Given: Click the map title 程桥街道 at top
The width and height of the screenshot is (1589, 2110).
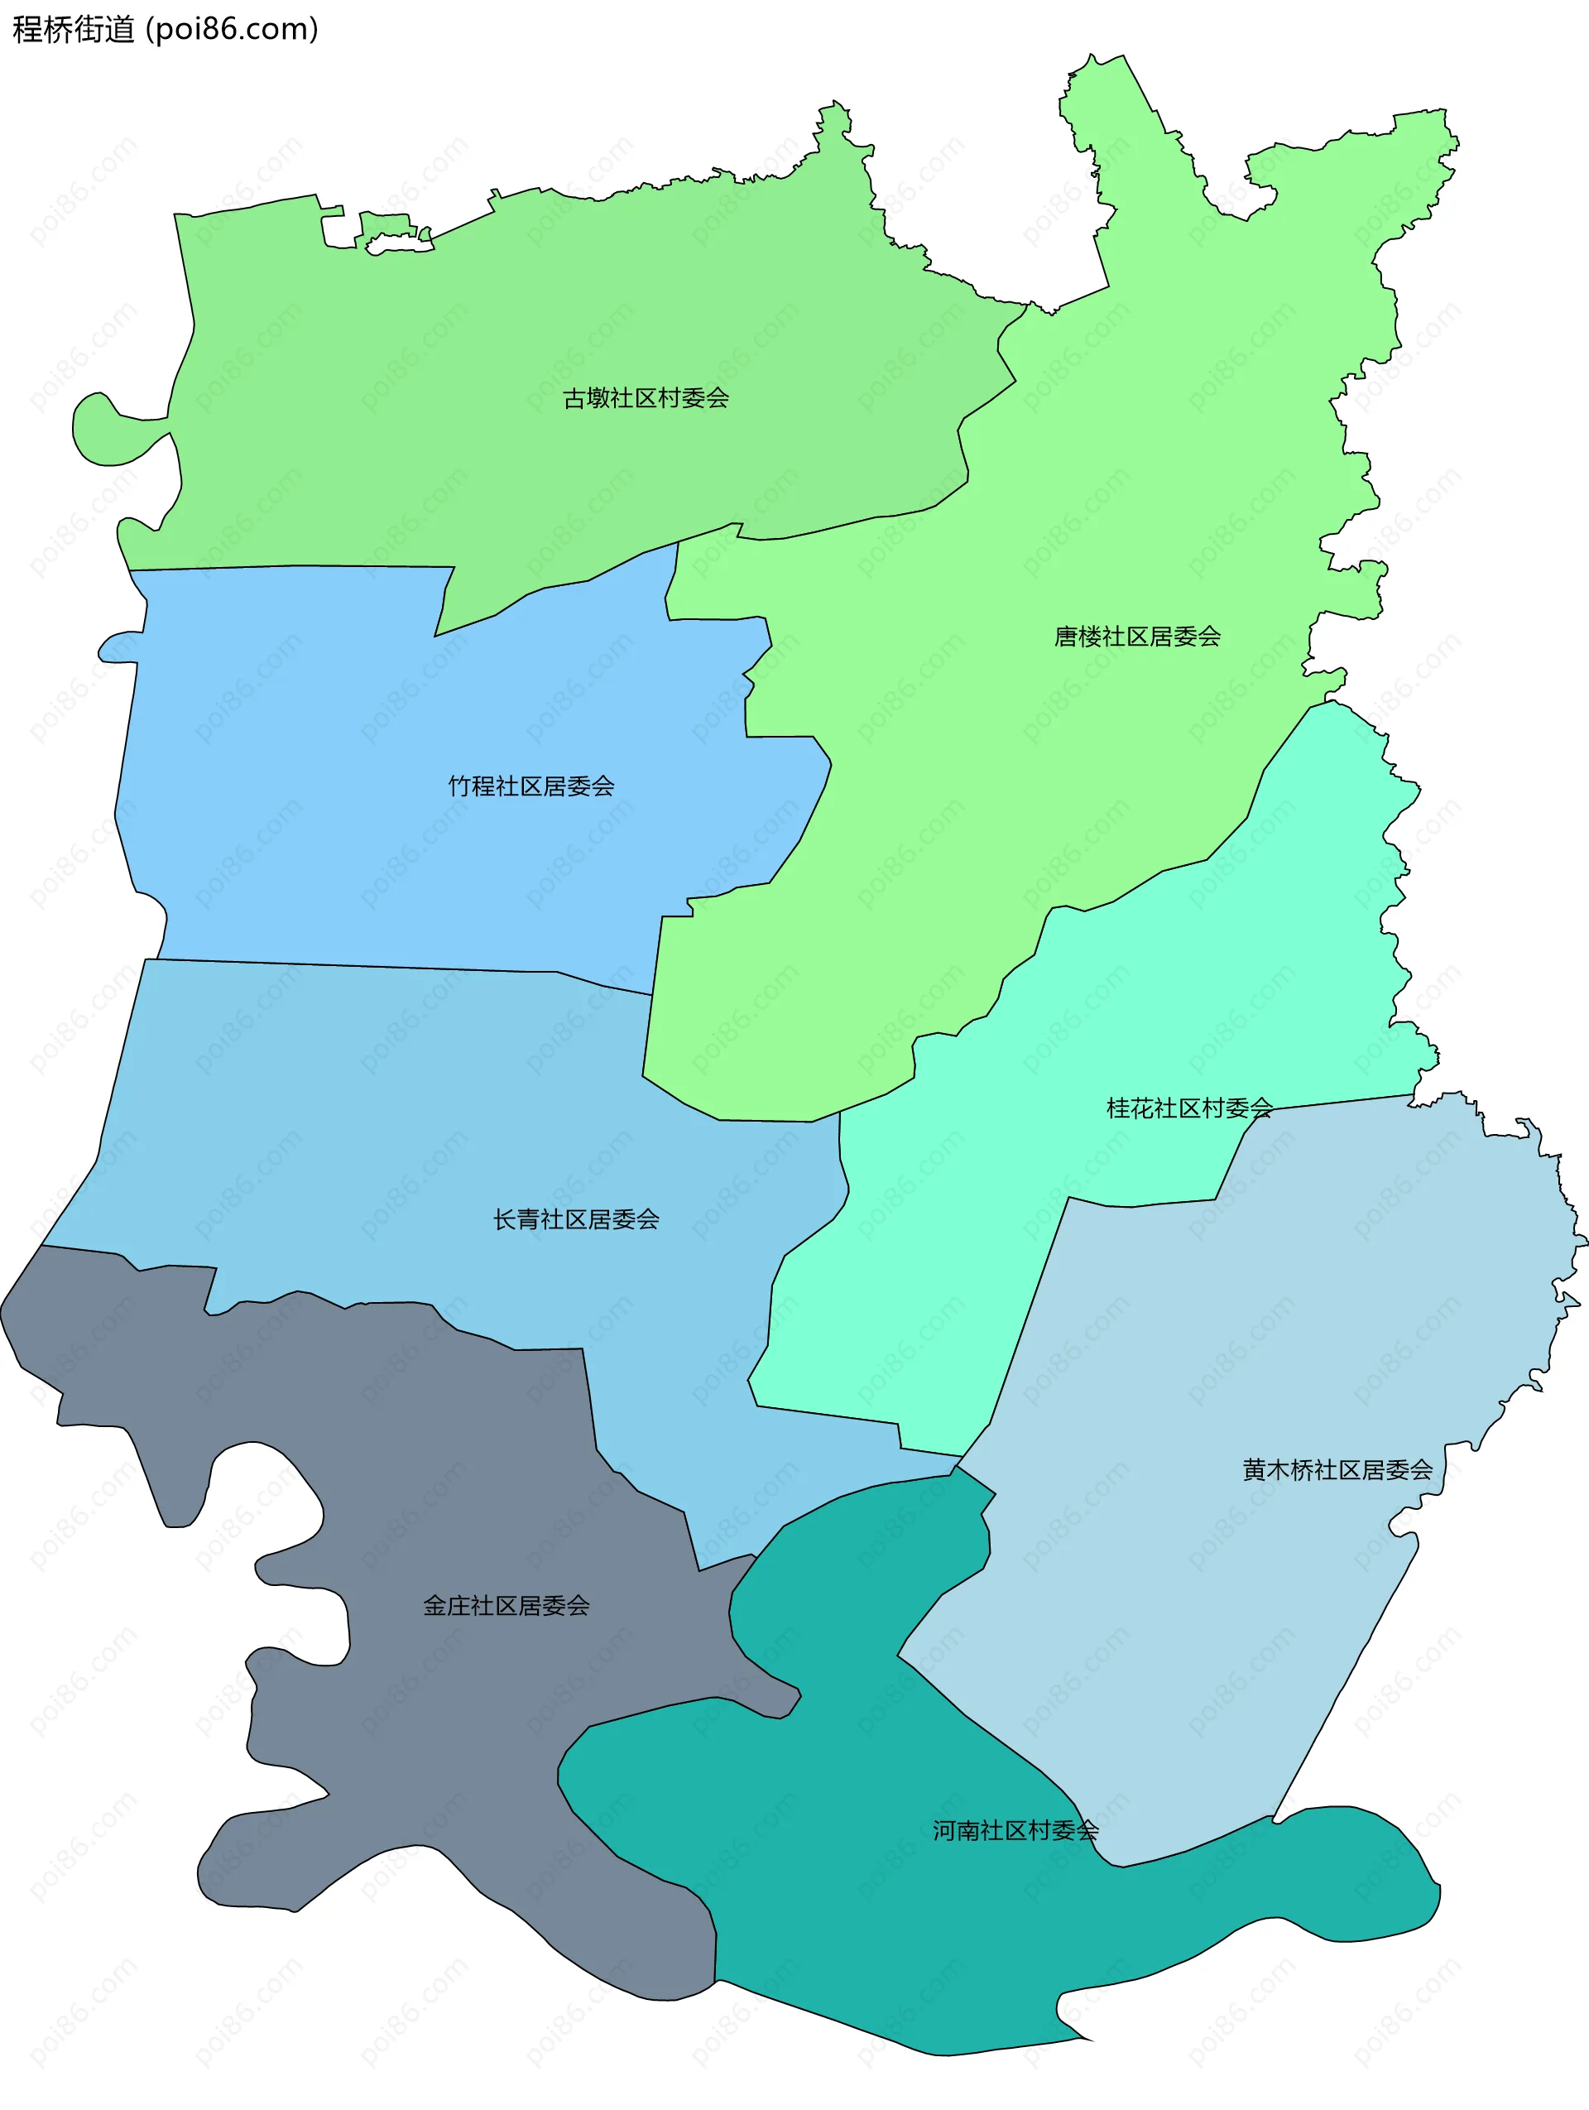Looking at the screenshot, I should tap(74, 30).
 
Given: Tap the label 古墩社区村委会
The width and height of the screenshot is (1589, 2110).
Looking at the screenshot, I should tap(646, 399).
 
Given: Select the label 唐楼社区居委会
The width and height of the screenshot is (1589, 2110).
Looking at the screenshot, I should tap(1137, 637).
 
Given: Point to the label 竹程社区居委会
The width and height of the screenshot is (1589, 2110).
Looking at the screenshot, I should tap(531, 786).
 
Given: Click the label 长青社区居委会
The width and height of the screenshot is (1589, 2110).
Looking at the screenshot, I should tap(576, 1219).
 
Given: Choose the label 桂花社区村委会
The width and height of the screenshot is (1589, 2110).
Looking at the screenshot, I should tap(1188, 1108).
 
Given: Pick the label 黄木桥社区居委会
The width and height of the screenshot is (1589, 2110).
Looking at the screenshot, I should tap(1337, 1470).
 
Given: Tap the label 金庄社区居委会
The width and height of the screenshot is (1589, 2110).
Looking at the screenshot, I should tap(506, 1605).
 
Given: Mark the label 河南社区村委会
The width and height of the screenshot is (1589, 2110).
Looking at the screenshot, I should tap(1015, 1830).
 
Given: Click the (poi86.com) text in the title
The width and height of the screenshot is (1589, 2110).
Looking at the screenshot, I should tap(232, 30).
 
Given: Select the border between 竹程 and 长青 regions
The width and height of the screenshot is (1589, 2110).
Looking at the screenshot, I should tap(382, 966).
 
